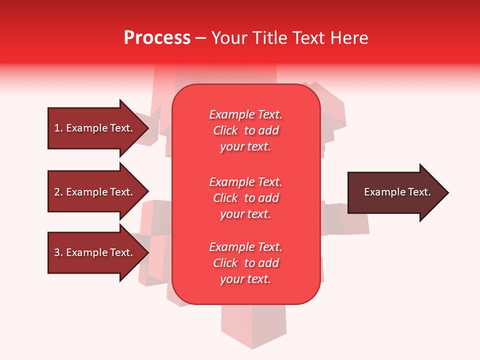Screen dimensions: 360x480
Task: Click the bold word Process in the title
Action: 157,37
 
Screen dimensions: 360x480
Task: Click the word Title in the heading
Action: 268,37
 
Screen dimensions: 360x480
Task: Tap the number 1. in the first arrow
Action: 58,128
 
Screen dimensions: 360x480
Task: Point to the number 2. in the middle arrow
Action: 58,192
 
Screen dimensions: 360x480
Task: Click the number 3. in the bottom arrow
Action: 58,252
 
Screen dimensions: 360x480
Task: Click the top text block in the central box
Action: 245,130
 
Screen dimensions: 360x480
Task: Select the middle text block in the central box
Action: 245,198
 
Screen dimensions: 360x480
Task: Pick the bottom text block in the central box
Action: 245,263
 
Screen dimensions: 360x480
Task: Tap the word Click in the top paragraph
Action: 225,130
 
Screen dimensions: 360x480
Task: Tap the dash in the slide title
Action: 200,38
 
